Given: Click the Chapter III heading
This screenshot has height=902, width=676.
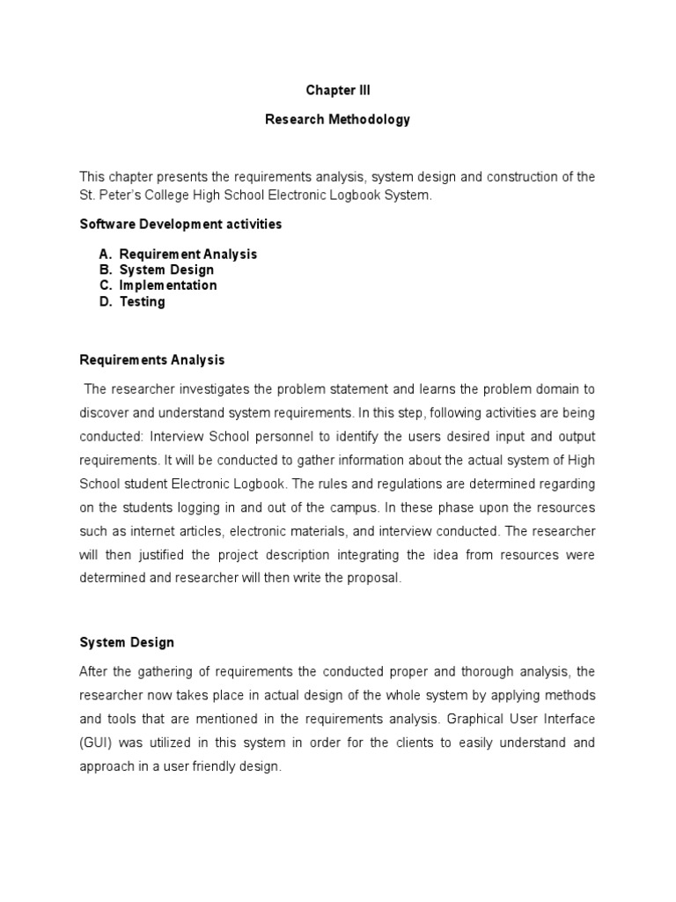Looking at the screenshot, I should click(338, 90).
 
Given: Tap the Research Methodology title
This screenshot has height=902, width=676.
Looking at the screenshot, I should click(338, 119).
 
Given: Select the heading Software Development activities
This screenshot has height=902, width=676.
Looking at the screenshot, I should click(180, 224).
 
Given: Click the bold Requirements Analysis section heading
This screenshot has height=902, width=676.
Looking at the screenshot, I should click(151, 359).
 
